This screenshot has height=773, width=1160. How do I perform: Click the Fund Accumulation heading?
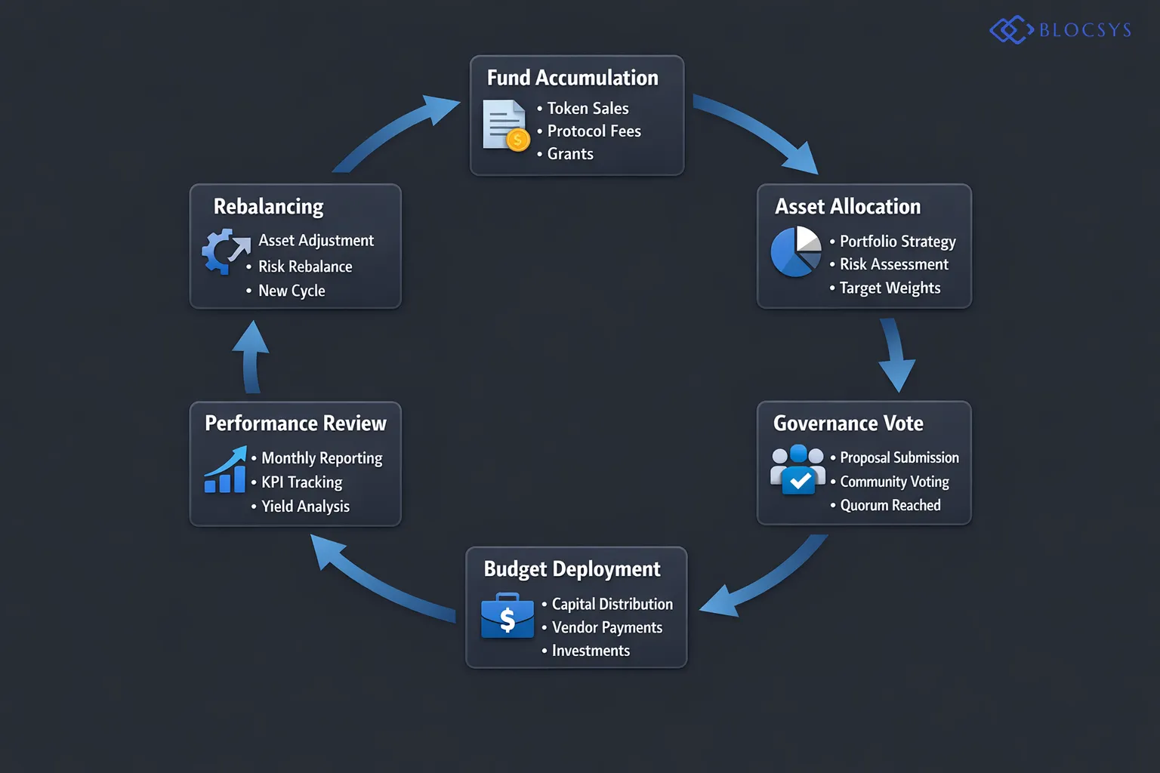click(x=572, y=78)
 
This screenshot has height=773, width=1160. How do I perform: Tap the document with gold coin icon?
click(x=505, y=125)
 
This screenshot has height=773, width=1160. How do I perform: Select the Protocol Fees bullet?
click(x=594, y=131)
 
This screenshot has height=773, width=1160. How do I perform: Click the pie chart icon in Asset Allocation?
click(x=796, y=251)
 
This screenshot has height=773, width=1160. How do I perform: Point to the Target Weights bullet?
click(x=890, y=288)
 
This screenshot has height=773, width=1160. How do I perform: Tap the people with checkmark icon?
click(x=797, y=470)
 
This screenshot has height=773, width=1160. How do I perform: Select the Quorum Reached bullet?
click(x=890, y=505)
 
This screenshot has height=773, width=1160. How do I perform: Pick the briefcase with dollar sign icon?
click(x=507, y=616)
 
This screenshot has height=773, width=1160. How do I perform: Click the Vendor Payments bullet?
click(x=606, y=627)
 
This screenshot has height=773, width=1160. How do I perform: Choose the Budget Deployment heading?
click(x=572, y=569)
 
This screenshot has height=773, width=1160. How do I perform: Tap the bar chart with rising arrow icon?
click(x=225, y=470)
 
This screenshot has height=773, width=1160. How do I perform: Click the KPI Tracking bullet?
click(x=301, y=482)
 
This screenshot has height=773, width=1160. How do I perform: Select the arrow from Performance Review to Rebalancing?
click(x=251, y=356)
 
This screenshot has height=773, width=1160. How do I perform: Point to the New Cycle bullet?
click(x=292, y=291)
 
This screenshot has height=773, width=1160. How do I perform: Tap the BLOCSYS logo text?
click(x=1084, y=30)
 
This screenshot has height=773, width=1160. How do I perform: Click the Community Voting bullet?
click(x=894, y=482)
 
